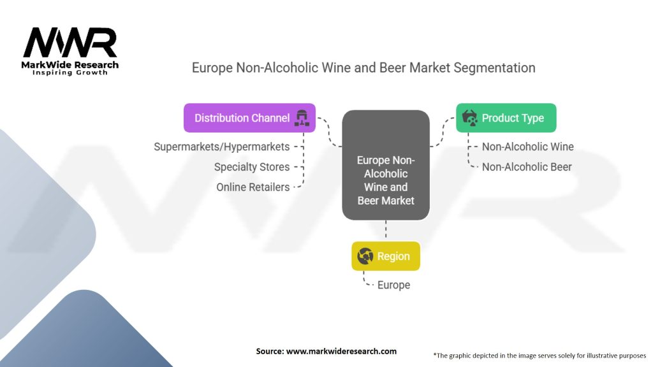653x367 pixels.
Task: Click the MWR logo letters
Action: click(70, 43)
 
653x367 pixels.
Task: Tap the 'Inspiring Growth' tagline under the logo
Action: click(70, 73)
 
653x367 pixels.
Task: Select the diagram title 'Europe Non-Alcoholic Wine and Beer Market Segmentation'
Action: click(363, 68)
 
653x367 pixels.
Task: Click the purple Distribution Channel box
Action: click(249, 118)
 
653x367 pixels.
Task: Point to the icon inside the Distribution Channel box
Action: click(301, 118)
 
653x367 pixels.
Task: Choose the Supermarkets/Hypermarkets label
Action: click(221, 147)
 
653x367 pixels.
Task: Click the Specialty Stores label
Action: click(251, 167)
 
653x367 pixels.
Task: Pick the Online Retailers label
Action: click(253, 187)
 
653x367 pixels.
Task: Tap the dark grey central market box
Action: click(385, 166)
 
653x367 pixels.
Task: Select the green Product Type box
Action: click(506, 118)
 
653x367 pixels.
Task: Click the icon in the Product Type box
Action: click(469, 118)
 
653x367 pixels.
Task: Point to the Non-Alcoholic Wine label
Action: click(527, 147)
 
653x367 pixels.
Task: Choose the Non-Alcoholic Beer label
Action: click(527, 167)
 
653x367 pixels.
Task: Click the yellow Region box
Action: click(386, 256)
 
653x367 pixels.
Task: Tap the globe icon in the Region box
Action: click(365, 256)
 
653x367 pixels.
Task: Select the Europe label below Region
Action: click(393, 285)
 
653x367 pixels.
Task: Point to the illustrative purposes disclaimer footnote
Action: click(539, 355)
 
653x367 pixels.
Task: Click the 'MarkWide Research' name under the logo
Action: click(70, 64)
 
